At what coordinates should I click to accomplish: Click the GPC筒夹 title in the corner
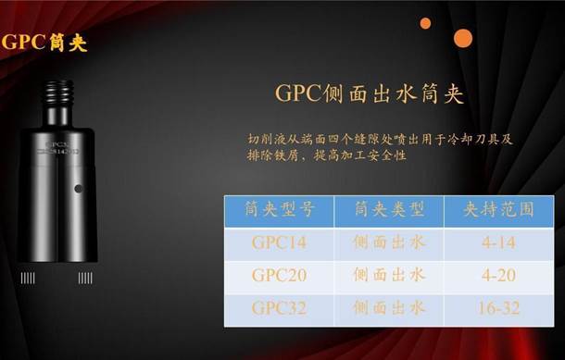click(44, 43)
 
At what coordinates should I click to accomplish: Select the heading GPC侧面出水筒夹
click(370, 95)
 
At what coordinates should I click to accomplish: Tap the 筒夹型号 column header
click(277, 210)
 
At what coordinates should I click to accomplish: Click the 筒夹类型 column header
click(389, 210)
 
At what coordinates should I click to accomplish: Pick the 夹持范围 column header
click(499, 210)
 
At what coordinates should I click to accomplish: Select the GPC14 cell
click(277, 242)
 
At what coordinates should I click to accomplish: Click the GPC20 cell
click(277, 275)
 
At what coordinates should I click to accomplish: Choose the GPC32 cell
click(277, 307)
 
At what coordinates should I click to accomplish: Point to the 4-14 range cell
click(499, 242)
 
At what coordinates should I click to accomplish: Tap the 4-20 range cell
click(499, 275)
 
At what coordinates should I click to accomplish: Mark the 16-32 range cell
click(499, 307)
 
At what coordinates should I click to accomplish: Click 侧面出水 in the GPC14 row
click(389, 242)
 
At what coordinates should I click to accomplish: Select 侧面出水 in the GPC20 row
click(389, 275)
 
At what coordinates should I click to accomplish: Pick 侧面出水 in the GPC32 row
click(389, 307)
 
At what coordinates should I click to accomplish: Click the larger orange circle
click(463, 38)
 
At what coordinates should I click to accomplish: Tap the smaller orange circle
click(425, 23)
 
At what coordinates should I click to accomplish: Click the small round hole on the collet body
click(79, 189)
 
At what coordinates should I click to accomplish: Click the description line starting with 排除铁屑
click(328, 155)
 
